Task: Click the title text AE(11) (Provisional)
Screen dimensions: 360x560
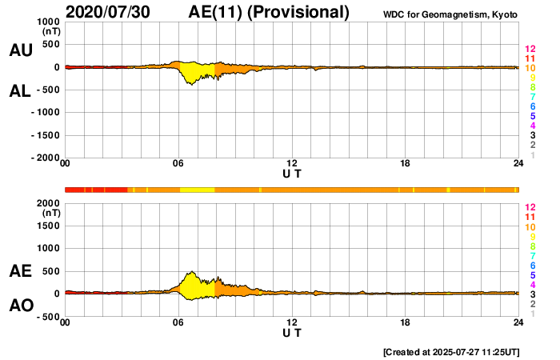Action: tap(269, 12)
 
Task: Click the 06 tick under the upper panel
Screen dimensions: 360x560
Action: tap(178, 164)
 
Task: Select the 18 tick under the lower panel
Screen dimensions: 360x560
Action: tap(406, 323)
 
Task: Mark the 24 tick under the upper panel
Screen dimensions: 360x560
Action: tap(518, 164)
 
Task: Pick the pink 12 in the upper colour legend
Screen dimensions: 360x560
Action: tap(529, 50)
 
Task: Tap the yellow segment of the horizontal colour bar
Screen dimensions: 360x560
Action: tap(197, 190)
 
